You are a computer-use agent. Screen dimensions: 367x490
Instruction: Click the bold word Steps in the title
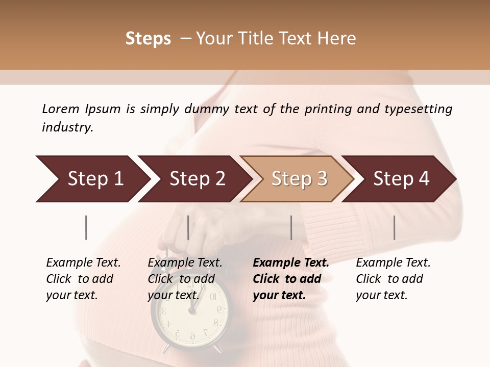(x=148, y=39)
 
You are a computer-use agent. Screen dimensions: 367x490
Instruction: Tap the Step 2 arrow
(x=194, y=179)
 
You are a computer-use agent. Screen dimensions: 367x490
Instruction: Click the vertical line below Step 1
(x=86, y=227)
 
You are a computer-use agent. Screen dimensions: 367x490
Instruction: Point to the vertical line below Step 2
(x=188, y=227)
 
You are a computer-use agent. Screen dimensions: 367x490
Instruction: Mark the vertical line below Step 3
(x=291, y=227)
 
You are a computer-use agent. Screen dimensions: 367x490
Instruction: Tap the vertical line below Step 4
(x=394, y=227)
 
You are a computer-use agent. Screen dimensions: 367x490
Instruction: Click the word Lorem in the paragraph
(x=61, y=109)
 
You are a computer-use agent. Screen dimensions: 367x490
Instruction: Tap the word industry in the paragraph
(x=67, y=127)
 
